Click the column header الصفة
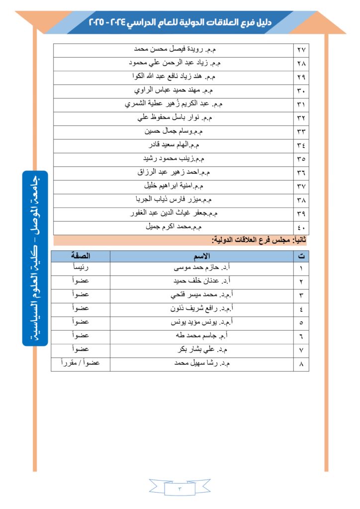click(x=81, y=256)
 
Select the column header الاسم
click(x=202, y=256)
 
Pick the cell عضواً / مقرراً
click(x=81, y=363)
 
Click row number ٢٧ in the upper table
click(x=301, y=51)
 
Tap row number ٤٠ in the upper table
click(x=301, y=228)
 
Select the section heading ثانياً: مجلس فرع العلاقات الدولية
click(x=258, y=240)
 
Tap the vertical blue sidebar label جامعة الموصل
click(x=35, y=258)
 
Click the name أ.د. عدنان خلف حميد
click(x=202, y=281)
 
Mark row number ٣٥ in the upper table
click(x=301, y=159)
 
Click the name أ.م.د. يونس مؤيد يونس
click(x=201, y=322)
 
